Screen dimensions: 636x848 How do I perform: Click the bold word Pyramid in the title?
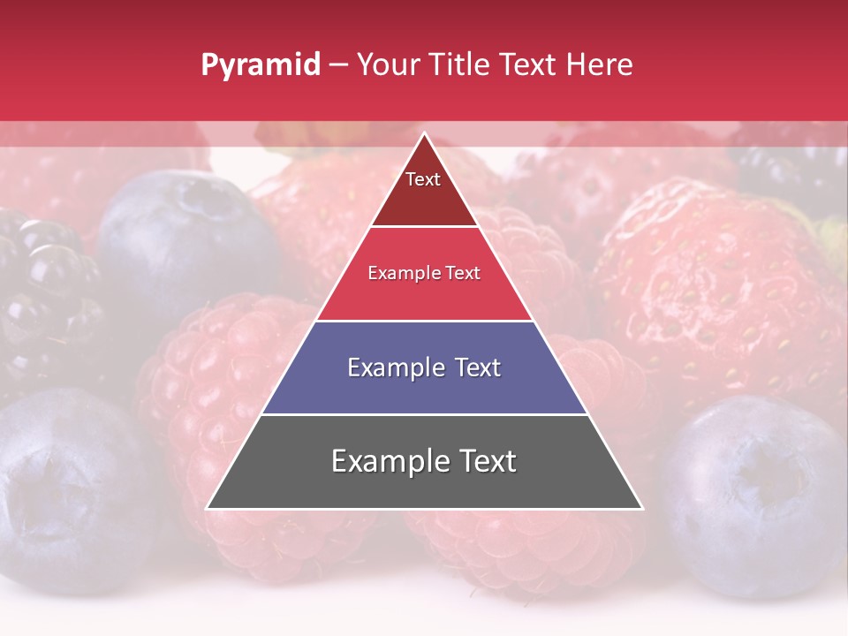coord(260,65)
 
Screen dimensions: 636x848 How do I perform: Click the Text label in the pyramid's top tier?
coord(423,179)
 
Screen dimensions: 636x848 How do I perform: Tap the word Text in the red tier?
coord(461,274)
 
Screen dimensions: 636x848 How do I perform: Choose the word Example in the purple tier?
coord(394,367)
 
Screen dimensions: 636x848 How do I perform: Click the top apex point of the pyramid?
coord(424,133)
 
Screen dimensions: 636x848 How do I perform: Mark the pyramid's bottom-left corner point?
coord(208,508)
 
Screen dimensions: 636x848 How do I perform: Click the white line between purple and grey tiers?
coord(424,414)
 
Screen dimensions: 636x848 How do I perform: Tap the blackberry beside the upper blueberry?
coord(44,291)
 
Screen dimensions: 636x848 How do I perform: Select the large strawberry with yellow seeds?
coord(715,283)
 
